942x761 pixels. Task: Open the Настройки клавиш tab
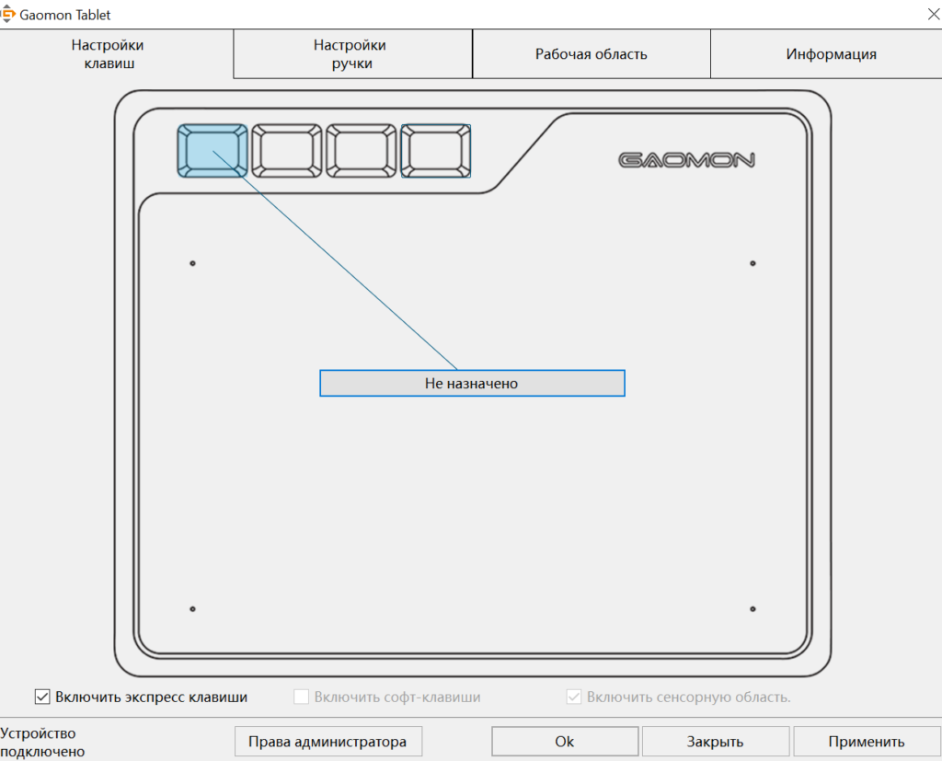[108, 54]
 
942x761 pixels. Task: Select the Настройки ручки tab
[350, 54]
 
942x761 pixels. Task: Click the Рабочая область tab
[591, 54]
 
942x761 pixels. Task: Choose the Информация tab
[831, 54]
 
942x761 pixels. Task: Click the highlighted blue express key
[213, 151]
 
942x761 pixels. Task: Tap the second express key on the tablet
[287, 151]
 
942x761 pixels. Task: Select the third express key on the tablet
[362, 151]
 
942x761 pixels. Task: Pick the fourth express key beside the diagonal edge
[436, 151]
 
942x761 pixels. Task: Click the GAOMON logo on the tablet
[686, 160]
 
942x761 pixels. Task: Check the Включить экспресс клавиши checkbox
[42, 697]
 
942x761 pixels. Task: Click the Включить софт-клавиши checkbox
[302, 697]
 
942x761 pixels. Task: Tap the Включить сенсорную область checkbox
[574, 697]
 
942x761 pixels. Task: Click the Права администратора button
[327, 741]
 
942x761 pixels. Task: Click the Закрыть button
[715, 741]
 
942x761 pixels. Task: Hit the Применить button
[866, 741]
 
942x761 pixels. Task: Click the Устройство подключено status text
[42, 742]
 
